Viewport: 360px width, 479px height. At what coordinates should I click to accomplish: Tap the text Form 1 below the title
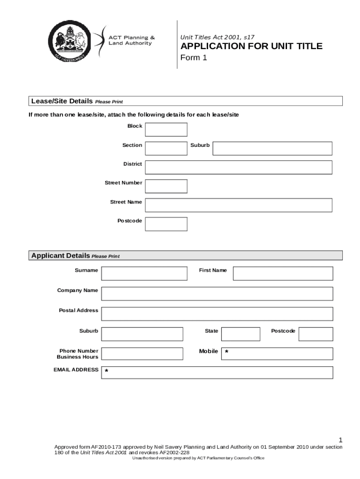[194, 58]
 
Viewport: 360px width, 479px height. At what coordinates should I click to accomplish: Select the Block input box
[166, 130]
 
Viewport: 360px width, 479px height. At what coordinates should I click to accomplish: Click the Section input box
[166, 148]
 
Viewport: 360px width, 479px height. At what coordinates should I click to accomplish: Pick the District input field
[238, 167]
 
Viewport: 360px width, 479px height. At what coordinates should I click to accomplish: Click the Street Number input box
[166, 186]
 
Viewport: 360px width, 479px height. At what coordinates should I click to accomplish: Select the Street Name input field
[238, 205]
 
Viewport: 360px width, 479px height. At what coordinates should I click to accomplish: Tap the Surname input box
[144, 273]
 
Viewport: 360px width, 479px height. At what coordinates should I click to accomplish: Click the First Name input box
[283, 273]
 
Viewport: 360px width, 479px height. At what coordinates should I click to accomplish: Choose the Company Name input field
[217, 293]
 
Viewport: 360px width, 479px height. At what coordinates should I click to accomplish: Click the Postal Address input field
[217, 313]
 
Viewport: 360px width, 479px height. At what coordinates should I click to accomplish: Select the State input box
[240, 334]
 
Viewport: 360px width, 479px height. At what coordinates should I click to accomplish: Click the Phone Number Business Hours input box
[142, 354]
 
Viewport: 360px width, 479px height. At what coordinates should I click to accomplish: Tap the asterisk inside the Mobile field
[227, 352]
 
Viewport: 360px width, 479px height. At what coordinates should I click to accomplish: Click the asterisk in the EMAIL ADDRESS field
[107, 371]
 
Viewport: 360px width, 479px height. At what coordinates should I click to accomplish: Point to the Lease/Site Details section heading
[61, 101]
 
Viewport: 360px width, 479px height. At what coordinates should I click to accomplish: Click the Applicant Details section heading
[60, 255]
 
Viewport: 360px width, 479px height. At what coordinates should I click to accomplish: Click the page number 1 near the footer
[341, 440]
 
